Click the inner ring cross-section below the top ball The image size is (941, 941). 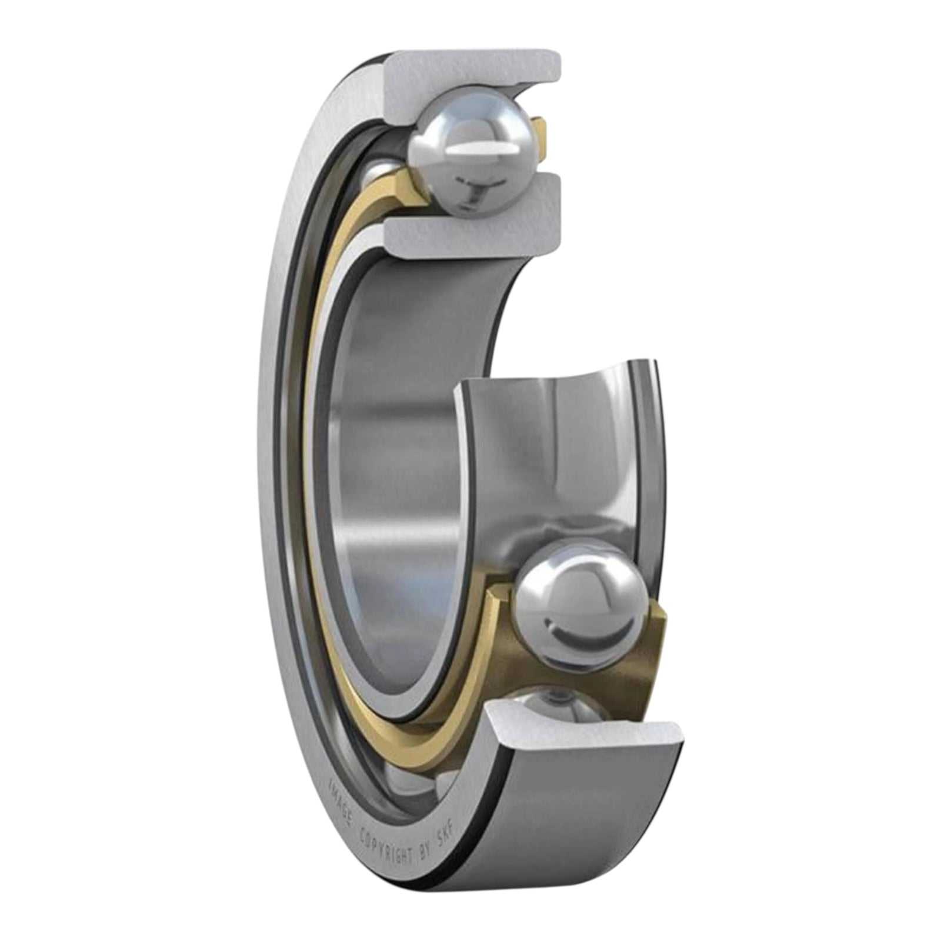click(470, 235)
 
